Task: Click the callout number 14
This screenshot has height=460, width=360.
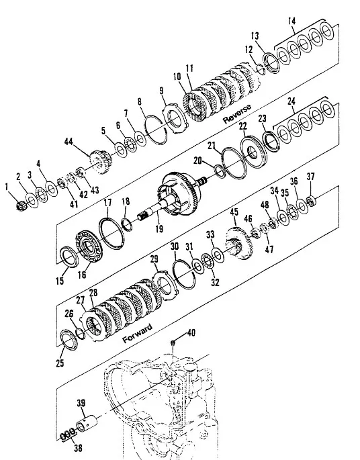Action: tap(291, 21)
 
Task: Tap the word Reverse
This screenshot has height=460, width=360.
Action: tap(237, 113)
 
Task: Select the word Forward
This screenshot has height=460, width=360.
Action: tap(137, 333)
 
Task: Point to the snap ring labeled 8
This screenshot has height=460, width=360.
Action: tap(156, 130)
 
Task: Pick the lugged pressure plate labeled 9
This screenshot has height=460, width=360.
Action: tap(175, 119)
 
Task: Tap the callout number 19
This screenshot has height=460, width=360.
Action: tap(159, 229)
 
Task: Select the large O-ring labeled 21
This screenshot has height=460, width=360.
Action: tap(234, 163)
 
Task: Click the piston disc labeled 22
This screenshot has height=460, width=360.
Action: tap(253, 152)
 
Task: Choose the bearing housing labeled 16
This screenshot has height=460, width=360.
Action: tap(89, 246)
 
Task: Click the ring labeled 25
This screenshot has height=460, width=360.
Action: tap(69, 340)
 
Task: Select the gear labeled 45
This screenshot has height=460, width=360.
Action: tap(238, 243)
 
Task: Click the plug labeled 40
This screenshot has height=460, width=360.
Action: tap(173, 342)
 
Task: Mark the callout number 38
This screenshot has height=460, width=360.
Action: tap(78, 449)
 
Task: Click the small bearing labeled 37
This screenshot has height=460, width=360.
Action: tap(310, 201)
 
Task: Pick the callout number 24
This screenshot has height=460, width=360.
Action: tap(291, 101)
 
